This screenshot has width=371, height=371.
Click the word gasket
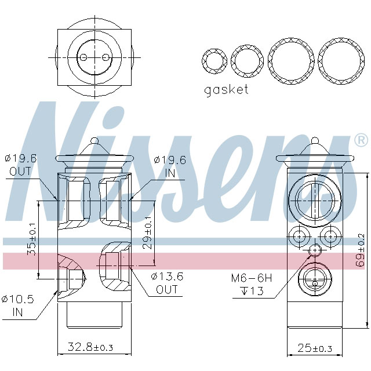click(x=226, y=90)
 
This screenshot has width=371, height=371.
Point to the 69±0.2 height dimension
click(x=361, y=248)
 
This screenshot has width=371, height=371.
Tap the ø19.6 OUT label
click(x=21, y=165)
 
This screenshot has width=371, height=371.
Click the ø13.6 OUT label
click(x=167, y=283)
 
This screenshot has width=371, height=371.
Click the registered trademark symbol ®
click(x=360, y=140)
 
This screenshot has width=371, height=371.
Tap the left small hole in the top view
click(x=83, y=57)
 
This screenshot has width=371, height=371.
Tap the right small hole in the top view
click(x=105, y=57)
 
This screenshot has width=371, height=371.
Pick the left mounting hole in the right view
click(x=299, y=236)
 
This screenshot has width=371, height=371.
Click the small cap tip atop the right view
click(x=315, y=140)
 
